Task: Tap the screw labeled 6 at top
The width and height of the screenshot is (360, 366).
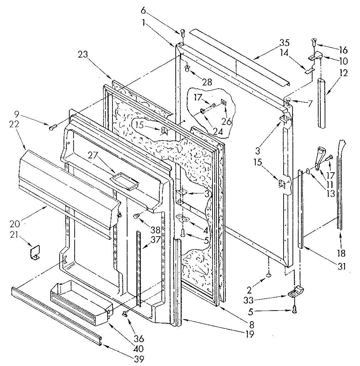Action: click(182, 33)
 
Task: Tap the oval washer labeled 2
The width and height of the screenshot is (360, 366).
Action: click(269, 275)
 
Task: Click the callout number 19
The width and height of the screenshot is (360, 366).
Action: click(250, 334)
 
